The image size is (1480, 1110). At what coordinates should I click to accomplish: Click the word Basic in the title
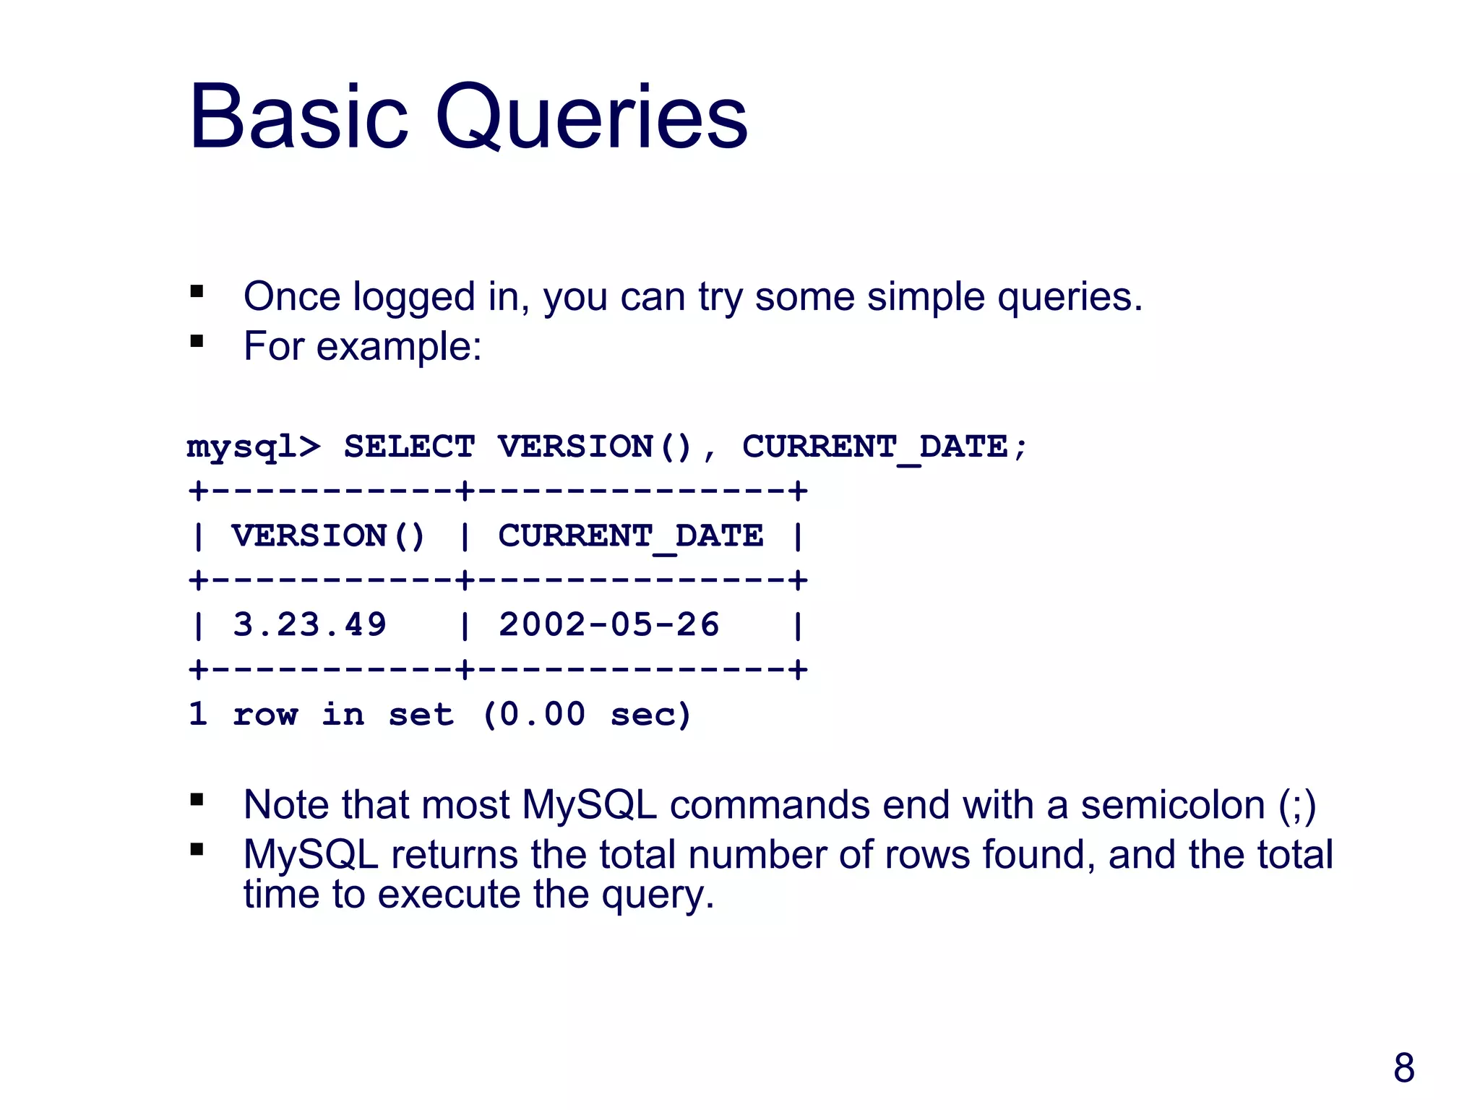click(x=298, y=117)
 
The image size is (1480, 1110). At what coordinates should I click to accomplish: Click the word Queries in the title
click(x=591, y=117)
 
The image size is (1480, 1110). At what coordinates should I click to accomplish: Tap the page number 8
click(x=1403, y=1067)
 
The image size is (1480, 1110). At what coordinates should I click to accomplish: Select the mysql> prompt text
click(x=253, y=447)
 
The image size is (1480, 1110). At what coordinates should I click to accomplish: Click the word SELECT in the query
click(x=409, y=447)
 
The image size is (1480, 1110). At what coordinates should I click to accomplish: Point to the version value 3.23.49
click(x=309, y=624)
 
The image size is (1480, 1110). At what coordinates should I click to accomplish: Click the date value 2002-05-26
click(x=608, y=624)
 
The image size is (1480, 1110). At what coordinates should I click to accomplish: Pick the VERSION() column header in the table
click(x=328, y=535)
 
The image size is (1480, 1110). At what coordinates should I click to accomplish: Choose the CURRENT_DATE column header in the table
click(x=630, y=536)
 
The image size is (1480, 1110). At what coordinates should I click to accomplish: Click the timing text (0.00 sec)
click(x=586, y=714)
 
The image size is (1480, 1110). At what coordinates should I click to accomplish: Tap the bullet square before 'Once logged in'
click(x=197, y=292)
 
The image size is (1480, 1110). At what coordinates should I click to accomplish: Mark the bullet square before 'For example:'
click(x=197, y=341)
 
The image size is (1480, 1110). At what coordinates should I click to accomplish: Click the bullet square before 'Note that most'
click(x=197, y=800)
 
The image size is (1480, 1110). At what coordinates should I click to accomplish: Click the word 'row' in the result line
click(x=265, y=715)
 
